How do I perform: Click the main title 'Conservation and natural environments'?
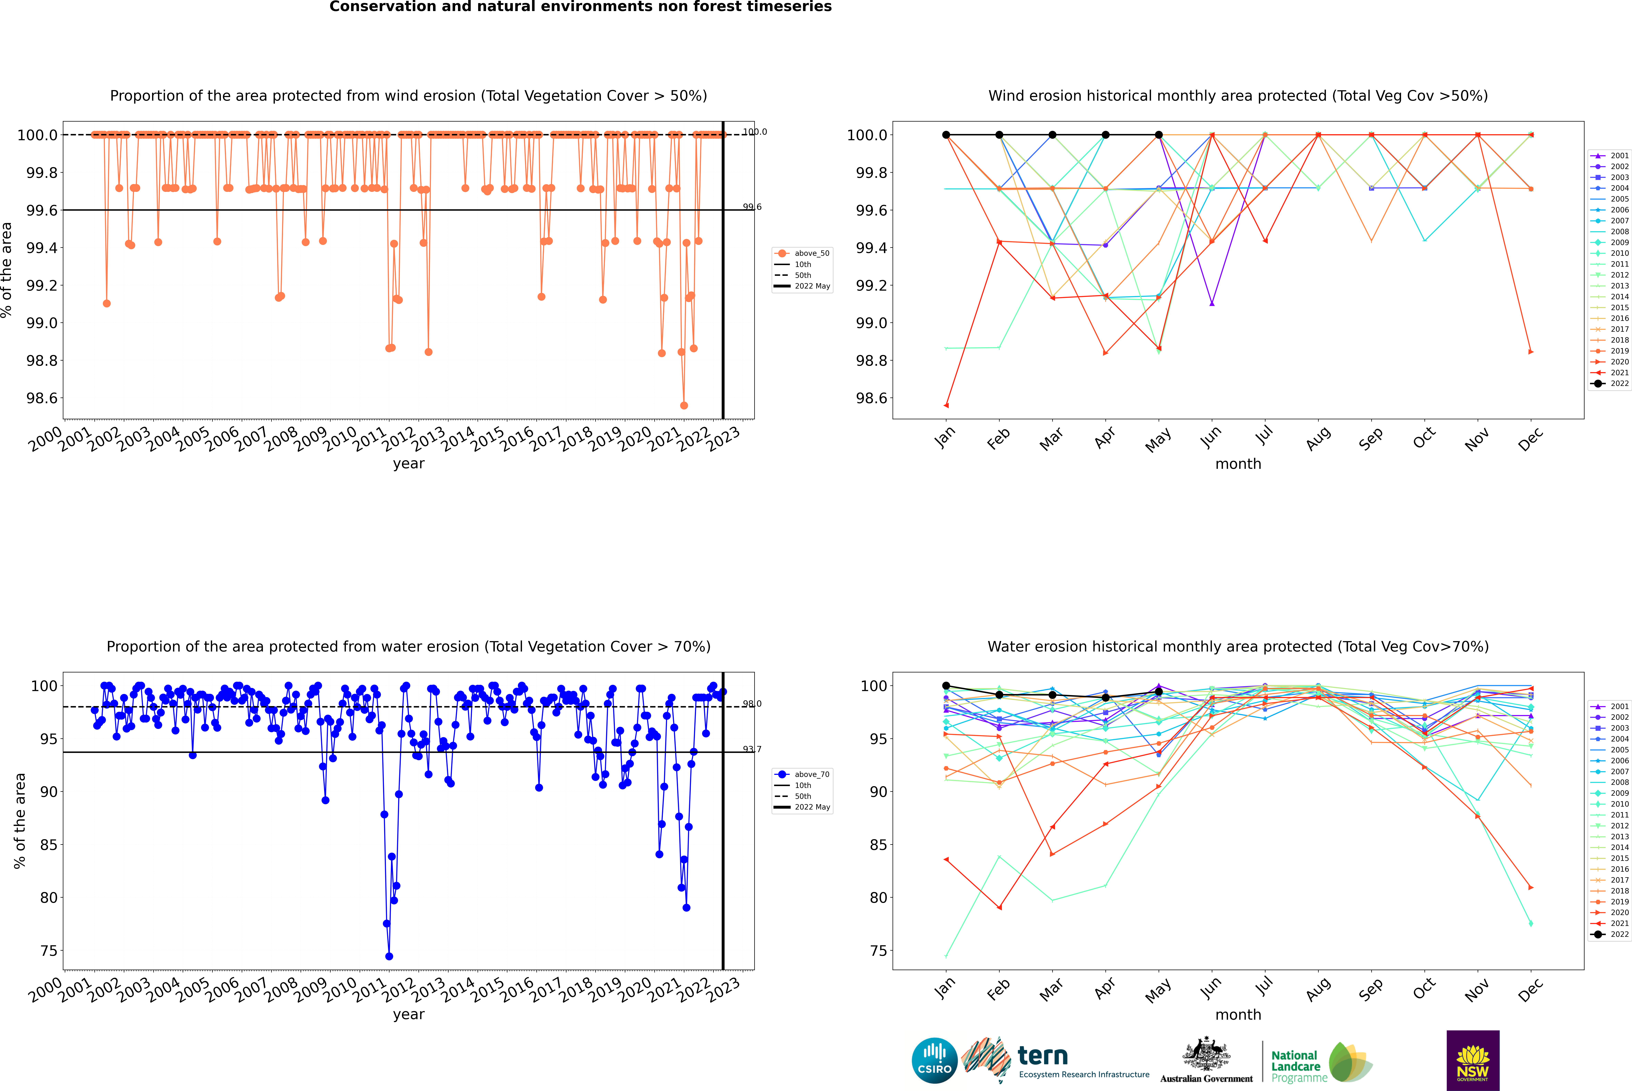coord(580,7)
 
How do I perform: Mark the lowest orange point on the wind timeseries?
coord(684,406)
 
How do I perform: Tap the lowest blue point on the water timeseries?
coord(389,957)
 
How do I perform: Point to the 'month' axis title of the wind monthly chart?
coord(1238,464)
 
